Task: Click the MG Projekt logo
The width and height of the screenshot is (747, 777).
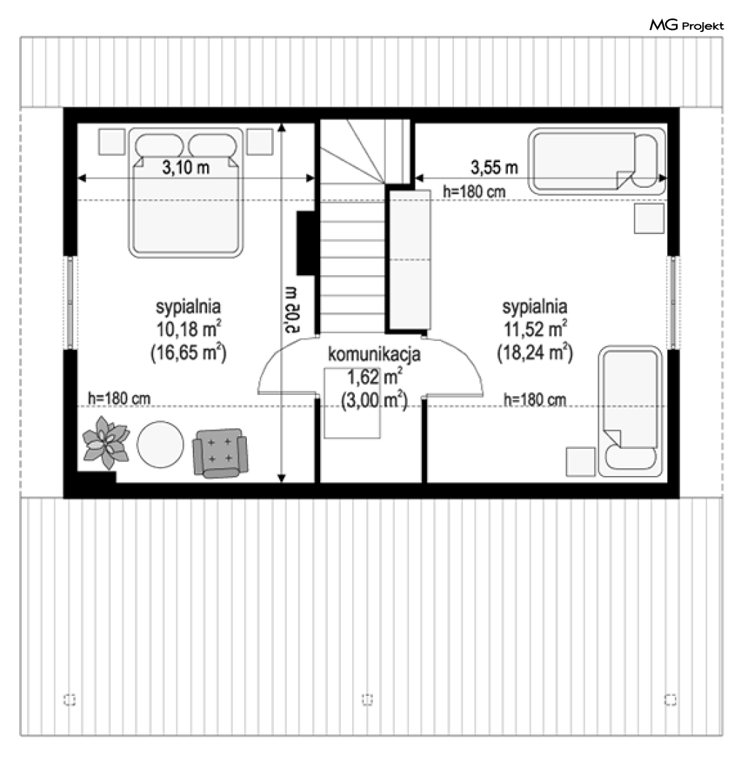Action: click(x=687, y=25)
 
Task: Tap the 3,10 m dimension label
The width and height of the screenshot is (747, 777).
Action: click(x=186, y=167)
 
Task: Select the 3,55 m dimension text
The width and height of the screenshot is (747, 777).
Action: click(x=494, y=167)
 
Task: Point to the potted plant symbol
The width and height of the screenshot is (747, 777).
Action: click(x=105, y=442)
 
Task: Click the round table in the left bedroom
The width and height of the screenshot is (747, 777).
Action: click(x=160, y=445)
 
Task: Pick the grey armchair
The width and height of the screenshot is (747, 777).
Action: click(x=221, y=453)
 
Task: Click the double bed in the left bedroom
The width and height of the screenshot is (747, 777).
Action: click(x=186, y=192)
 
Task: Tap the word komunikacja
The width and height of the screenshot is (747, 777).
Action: click(x=374, y=354)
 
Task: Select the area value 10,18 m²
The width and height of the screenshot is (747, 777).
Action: click(x=189, y=329)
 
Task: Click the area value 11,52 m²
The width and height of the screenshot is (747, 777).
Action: click(x=535, y=329)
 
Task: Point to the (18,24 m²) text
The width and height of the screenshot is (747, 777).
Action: click(x=535, y=353)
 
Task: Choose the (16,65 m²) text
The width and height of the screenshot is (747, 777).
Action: click(x=189, y=353)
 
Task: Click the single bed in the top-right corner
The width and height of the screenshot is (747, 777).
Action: click(x=598, y=161)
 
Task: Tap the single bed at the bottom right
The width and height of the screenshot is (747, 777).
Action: click(x=630, y=411)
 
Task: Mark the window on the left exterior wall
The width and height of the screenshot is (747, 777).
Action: click(x=70, y=302)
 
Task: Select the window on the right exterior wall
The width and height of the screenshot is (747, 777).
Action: click(x=673, y=302)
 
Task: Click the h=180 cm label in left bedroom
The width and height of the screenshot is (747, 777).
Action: click(x=119, y=398)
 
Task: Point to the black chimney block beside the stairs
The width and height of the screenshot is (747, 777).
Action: click(x=307, y=243)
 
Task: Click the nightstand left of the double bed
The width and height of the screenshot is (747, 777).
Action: click(x=112, y=142)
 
